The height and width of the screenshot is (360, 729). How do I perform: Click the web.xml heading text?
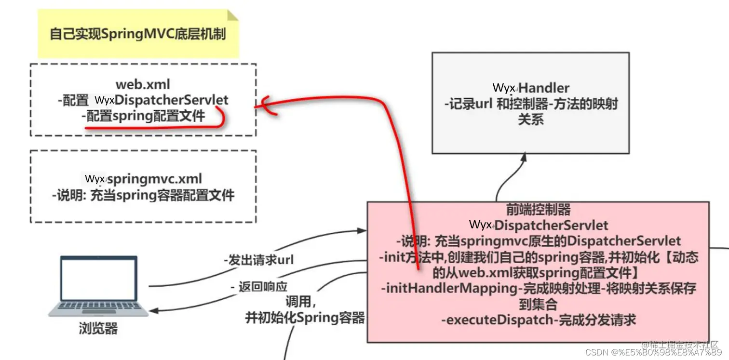point(143,84)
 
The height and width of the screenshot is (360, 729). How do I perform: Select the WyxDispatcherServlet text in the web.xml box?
point(161,100)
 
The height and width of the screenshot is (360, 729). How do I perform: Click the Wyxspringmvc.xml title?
point(144,179)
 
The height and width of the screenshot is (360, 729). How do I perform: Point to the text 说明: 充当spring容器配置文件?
point(143,195)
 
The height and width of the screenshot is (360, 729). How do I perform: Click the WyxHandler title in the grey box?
point(531,88)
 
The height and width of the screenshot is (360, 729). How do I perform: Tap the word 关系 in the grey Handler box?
point(531,119)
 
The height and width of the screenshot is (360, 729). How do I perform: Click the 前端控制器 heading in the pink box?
point(538,209)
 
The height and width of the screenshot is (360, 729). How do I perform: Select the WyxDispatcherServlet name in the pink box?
point(539,225)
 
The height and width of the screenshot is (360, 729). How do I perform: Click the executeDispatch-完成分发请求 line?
point(539,320)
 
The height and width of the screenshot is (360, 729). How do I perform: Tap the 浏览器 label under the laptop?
point(98,329)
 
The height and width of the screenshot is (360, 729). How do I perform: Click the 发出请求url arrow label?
point(259,260)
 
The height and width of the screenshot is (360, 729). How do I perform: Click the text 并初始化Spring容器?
point(305,318)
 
